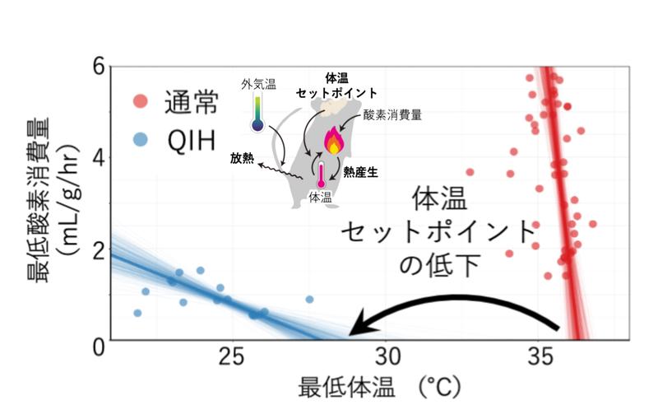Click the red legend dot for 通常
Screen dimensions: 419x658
(x=141, y=103)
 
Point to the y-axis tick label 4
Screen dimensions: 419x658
(x=97, y=158)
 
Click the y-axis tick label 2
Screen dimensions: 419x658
(x=97, y=250)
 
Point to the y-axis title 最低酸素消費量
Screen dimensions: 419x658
(x=46, y=202)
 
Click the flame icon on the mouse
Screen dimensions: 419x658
(x=333, y=141)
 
